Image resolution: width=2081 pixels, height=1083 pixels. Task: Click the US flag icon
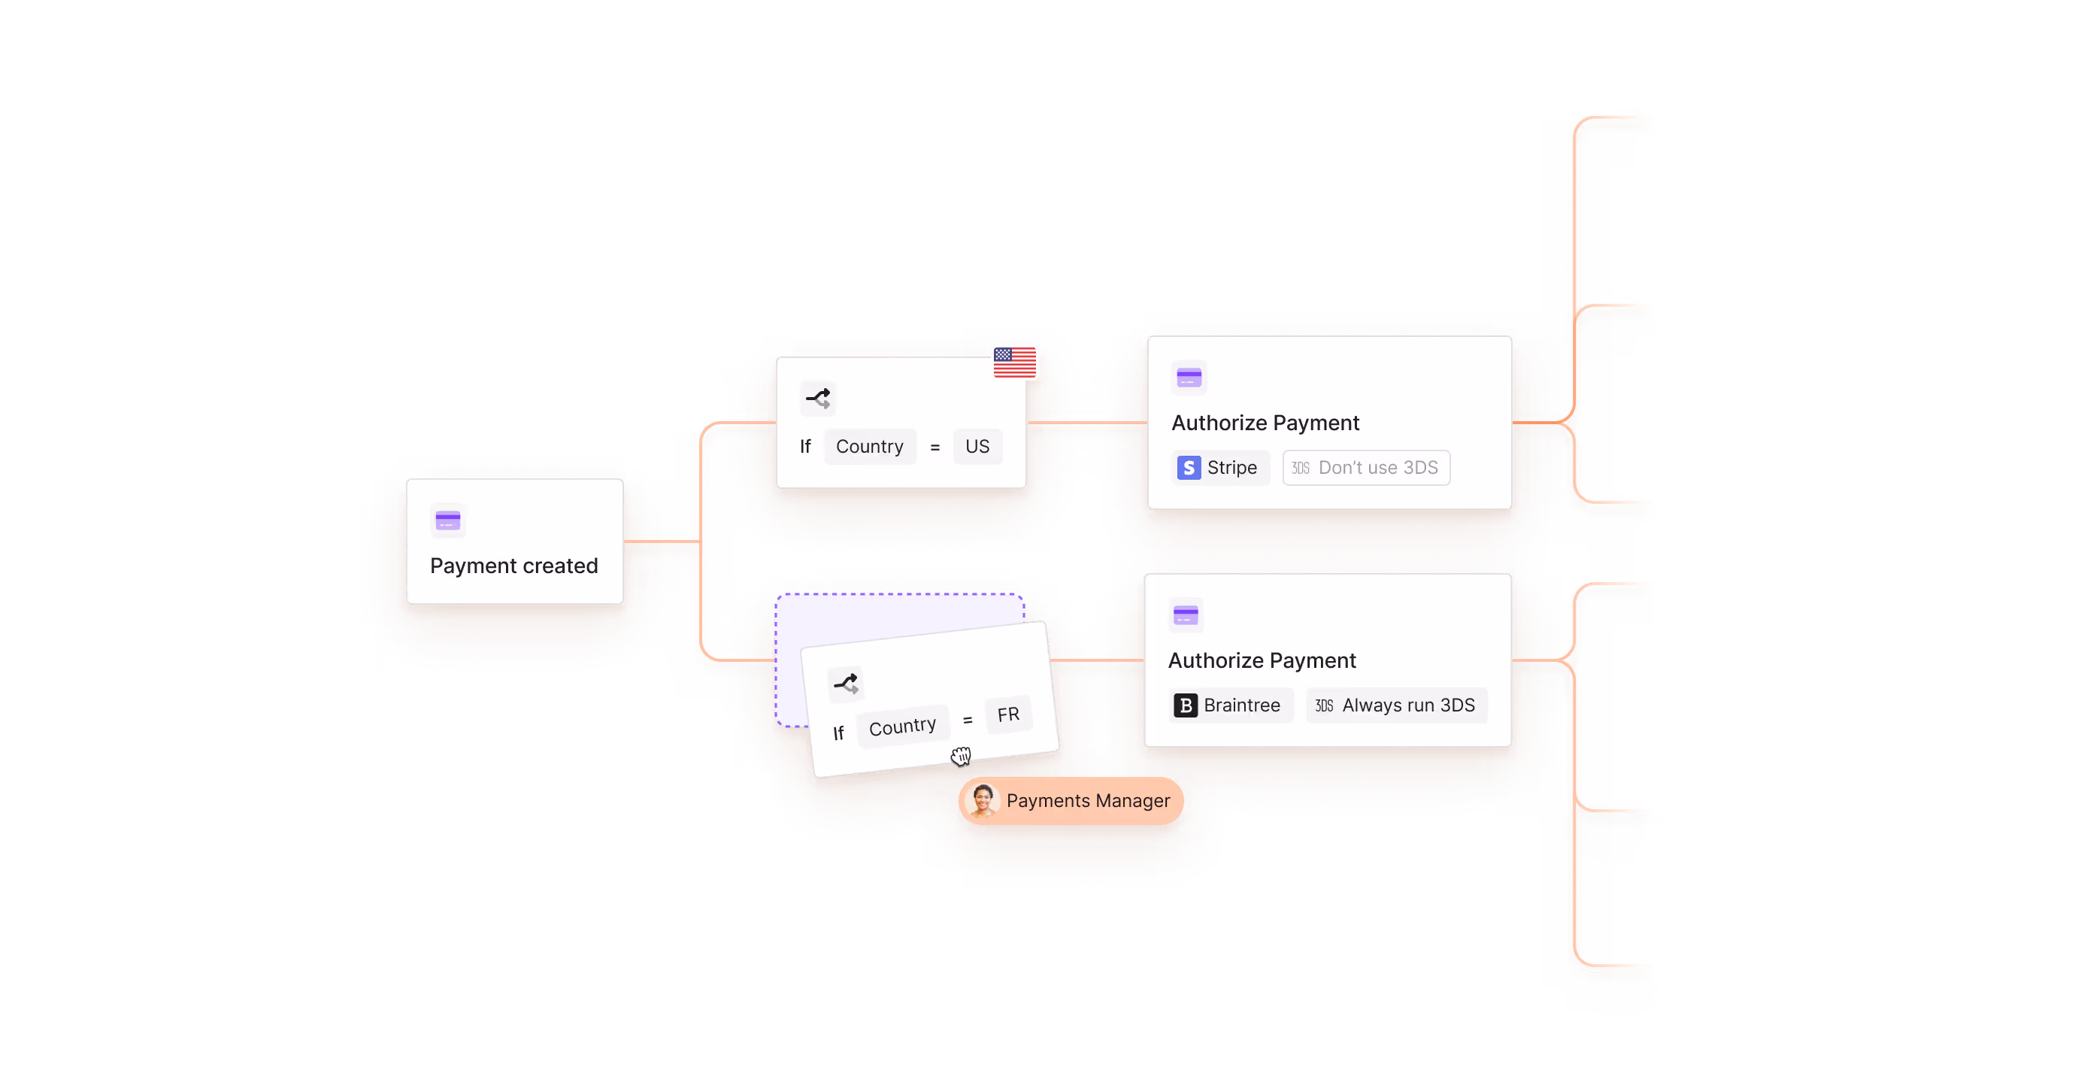click(1015, 362)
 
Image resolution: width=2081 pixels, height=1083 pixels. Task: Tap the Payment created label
click(513, 566)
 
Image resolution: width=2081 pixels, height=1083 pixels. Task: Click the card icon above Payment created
click(447, 520)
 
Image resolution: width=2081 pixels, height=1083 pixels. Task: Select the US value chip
click(977, 447)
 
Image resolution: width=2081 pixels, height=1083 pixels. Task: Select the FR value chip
click(1008, 715)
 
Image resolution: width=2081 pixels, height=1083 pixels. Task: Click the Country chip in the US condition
click(869, 447)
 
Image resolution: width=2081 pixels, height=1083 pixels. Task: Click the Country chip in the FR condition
click(902, 727)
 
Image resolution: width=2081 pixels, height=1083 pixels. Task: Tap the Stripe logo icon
click(1189, 468)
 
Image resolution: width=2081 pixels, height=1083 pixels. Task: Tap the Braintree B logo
click(1185, 705)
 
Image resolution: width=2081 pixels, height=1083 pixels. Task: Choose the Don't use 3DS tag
click(1367, 468)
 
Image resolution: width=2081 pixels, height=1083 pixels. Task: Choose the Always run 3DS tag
click(1396, 705)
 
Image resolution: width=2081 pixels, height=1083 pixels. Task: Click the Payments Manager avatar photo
click(983, 800)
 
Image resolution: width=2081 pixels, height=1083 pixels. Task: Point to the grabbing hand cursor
click(961, 756)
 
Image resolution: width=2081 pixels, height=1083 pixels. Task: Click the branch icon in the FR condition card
click(846, 684)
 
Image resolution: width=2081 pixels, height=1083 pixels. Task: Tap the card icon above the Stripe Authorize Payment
click(1189, 378)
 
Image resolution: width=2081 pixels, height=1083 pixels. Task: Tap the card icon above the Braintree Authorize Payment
click(1186, 616)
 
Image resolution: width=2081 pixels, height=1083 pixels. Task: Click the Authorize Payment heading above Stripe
click(1265, 423)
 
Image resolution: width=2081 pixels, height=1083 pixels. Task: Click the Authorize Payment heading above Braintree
click(1262, 660)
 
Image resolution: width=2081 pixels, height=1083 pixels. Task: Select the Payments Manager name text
click(1087, 801)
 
